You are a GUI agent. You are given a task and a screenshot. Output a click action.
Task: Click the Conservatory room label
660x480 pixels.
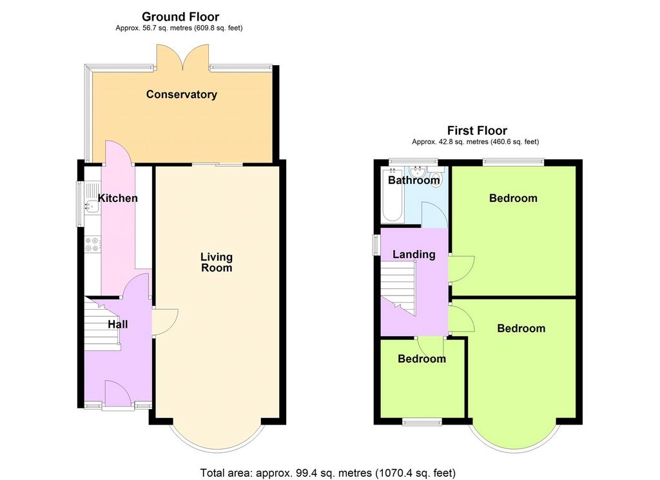pyautogui.click(x=181, y=94)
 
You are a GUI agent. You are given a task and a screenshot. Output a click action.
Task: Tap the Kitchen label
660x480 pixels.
pyautogui.click(x=117, y=198)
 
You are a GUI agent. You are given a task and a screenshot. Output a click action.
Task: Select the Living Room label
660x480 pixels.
pyautogui.click(x=217, y=262)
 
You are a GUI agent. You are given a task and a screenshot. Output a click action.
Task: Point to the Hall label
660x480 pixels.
pyautogui.click(x=118, y=324)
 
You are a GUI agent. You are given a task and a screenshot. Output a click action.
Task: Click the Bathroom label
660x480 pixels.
pyautogui.click(x=414, y=181)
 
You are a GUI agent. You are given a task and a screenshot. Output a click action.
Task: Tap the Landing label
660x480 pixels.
pyautogui.click(x=414, y=254)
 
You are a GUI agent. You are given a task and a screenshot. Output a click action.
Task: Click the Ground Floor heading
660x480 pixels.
pyautogui.click(x=180, y=17)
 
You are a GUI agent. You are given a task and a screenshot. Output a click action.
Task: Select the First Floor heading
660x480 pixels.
pyautogui.click(x=477, y=130)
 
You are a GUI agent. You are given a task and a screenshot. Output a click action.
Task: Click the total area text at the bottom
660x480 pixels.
pyautogui.click(x=328, y=473)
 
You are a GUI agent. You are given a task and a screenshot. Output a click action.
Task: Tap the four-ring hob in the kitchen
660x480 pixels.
pyautogui.click(x=93, y=245)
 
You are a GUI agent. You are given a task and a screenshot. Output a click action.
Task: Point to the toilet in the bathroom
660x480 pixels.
pyautogui.click(x=436, y=176)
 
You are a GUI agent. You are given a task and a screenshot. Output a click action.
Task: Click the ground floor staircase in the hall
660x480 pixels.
pyautogui.click(x=102, y=324)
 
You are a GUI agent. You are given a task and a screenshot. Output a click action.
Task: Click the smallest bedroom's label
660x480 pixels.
pyautogui.click(x=422, y=359)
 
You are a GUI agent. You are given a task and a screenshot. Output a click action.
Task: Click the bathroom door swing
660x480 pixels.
pyautogui.click(x=434, y=214)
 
